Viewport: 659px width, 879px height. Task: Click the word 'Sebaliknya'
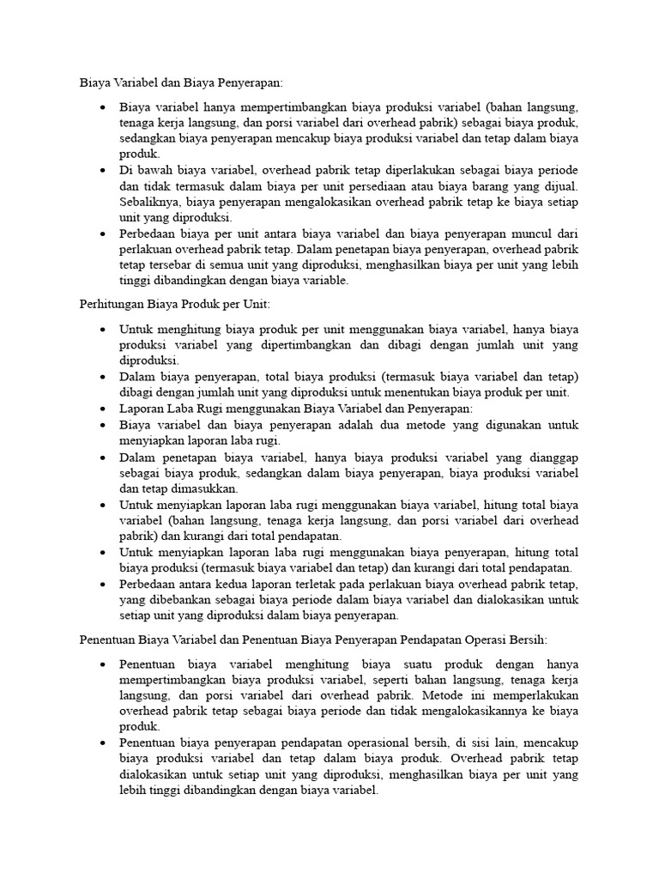[x=148, y=202]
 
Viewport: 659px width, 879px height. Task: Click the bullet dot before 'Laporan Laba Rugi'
[x=103, y=409]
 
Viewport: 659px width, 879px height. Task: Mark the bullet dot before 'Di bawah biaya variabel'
[x=103, y=171]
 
